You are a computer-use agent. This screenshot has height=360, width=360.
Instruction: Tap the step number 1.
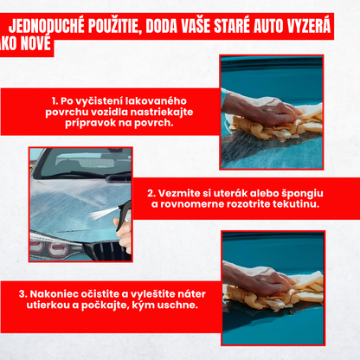pos(54,100)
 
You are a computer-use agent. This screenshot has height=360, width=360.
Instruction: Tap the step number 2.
pos(150,193)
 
